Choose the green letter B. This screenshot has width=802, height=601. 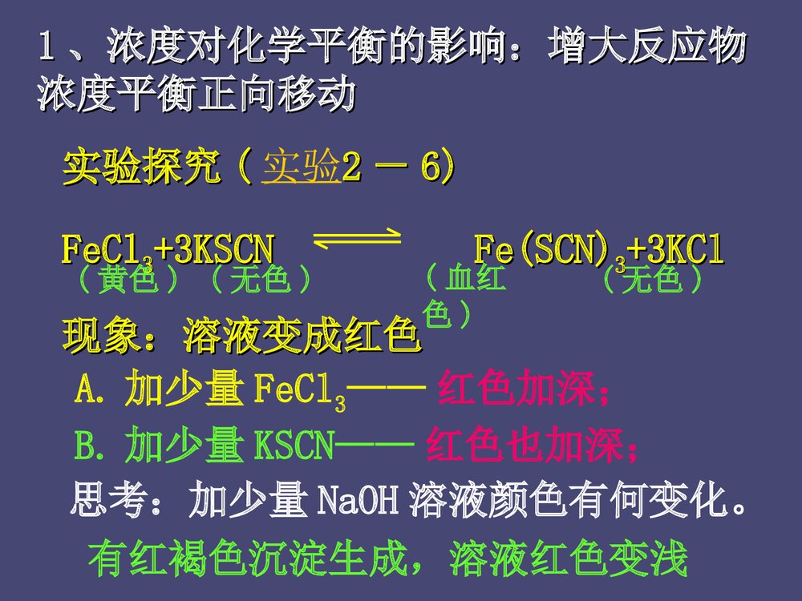[86, 447]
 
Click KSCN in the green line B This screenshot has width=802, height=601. [293, 447]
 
